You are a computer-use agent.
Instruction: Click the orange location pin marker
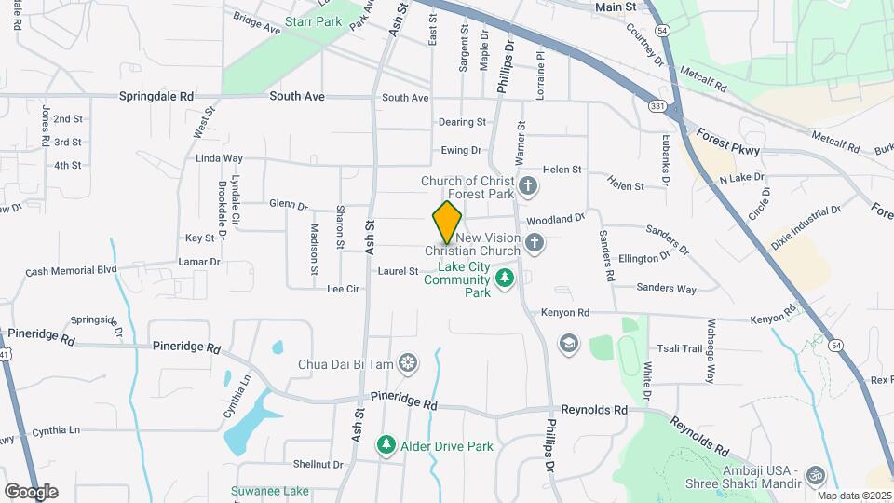447,221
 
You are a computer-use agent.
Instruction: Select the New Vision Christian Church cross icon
534,244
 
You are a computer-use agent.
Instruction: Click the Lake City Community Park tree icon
505,278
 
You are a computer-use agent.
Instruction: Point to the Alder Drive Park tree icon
386,446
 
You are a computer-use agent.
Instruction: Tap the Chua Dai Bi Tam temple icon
408,363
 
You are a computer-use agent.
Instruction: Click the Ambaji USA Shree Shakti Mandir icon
816,475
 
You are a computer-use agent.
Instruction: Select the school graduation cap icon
567,345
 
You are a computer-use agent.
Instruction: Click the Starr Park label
313,20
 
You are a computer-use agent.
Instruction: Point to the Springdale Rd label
156,96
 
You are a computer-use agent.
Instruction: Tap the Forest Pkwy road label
727,141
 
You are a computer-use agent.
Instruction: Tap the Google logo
31,491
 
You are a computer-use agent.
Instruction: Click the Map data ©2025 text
853,496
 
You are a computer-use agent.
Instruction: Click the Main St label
615,7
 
